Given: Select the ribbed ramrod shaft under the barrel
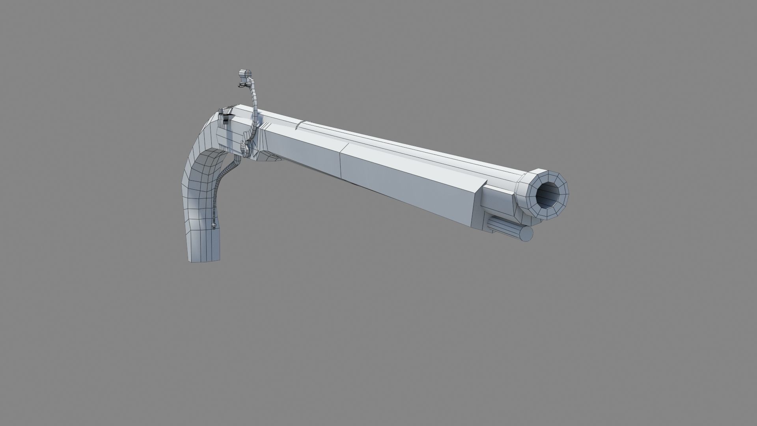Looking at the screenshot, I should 501,228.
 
